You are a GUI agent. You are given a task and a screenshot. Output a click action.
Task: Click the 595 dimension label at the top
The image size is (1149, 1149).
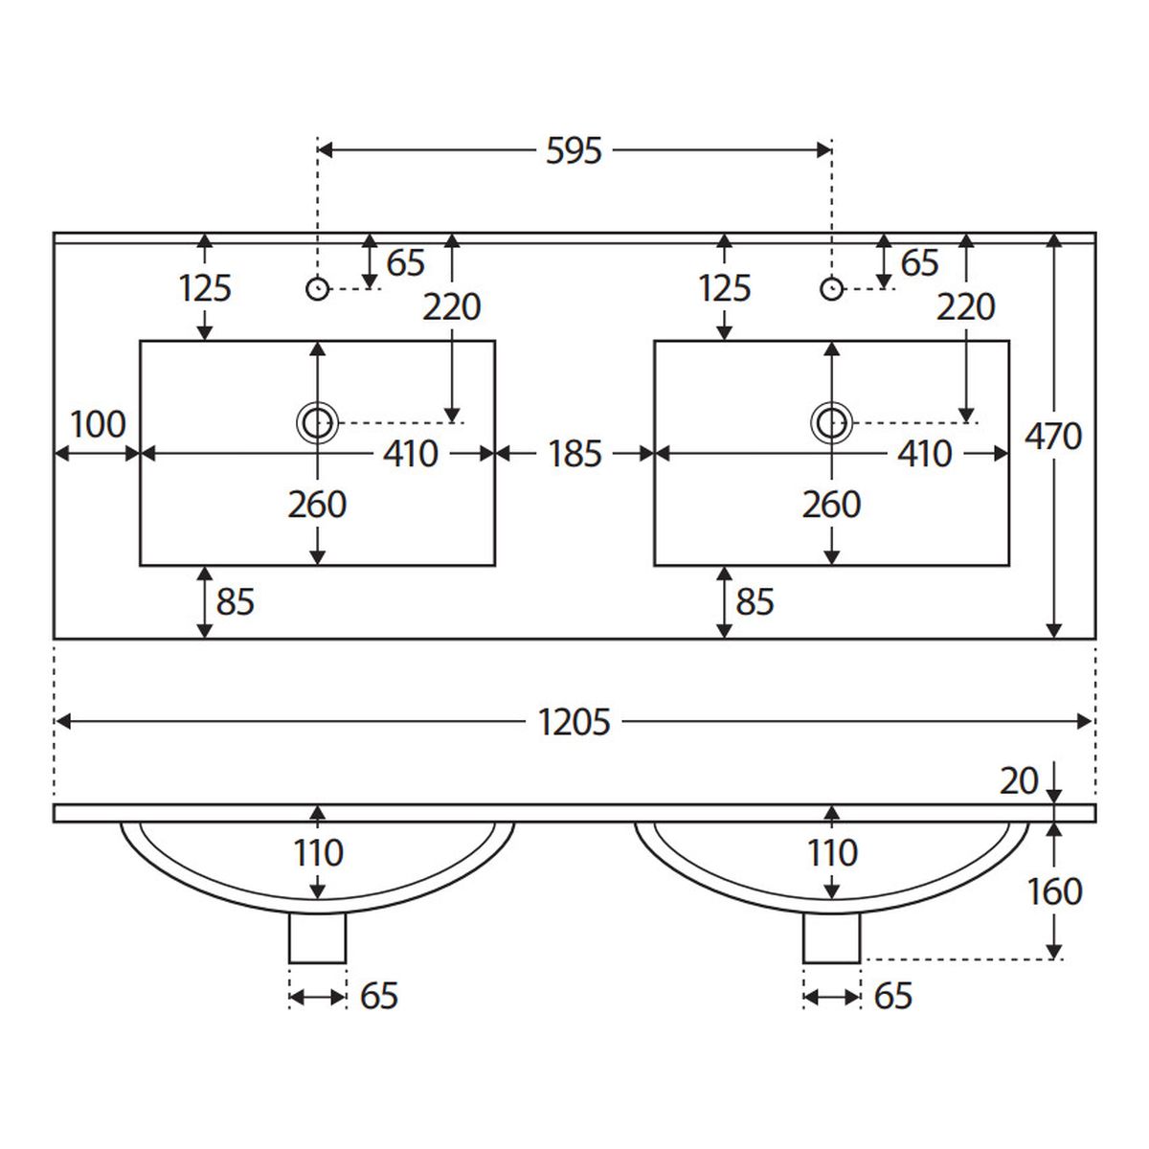[x=574, y=151]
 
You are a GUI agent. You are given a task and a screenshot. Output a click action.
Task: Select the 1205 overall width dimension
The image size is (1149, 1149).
[x=574, y=722]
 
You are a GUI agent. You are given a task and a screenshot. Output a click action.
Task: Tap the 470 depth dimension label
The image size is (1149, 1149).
[x=1053, y=436]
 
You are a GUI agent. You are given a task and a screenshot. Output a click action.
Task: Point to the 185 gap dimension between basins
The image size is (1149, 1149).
[x=574, y=454]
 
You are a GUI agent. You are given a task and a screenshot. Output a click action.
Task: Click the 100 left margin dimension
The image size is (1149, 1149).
[x=98, y=424]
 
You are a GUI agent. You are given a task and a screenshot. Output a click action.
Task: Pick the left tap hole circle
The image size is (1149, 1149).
[x=317, y=289]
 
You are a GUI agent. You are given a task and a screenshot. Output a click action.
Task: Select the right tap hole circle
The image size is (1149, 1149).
[x=831, y=289]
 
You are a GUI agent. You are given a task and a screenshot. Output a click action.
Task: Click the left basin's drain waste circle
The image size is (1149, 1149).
[x=317, y=423]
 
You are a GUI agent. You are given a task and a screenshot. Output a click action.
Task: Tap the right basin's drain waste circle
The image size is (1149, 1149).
[x=831, y=423]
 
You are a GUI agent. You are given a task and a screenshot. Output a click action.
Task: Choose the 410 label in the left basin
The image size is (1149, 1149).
[x=410, y=454]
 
